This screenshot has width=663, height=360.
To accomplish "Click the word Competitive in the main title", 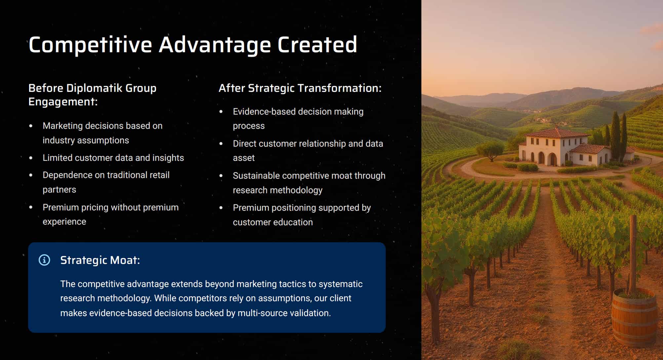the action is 90,45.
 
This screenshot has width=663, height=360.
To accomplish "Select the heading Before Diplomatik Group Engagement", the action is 93,95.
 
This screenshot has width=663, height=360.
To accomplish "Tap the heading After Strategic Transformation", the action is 300,88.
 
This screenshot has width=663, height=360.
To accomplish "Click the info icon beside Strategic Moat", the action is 44,260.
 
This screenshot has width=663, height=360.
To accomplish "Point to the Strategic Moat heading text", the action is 100,260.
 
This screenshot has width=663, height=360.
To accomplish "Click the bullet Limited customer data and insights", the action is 113,158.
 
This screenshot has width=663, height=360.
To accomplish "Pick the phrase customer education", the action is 273,222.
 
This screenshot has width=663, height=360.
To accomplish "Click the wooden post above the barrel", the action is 633,254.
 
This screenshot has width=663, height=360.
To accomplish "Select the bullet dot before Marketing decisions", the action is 31,126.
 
